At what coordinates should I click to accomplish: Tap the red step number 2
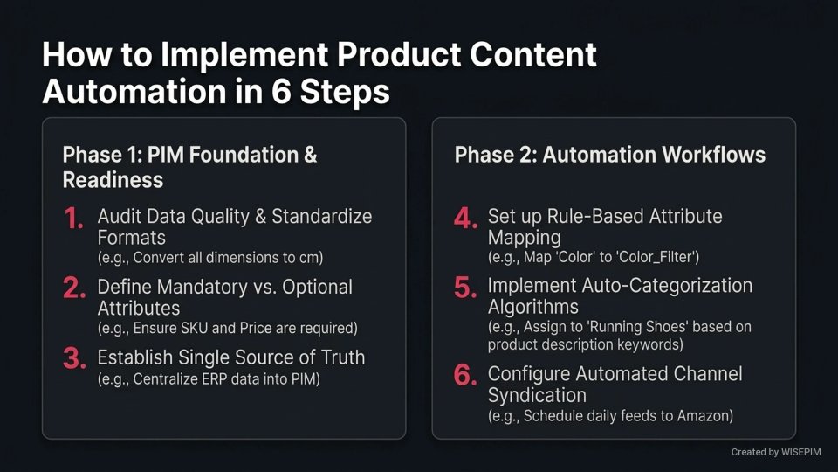pos(74,289)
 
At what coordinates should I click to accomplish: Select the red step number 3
pos(74,359)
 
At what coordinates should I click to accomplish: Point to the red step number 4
pos(465,219)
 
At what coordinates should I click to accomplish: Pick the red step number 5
pos(465,289)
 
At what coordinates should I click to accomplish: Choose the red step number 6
pos(465,377)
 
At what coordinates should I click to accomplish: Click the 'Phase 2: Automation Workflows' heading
pos(609,156)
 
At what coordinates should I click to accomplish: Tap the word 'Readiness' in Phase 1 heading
pos(113,180)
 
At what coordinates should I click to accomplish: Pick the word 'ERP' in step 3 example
pos(220,380)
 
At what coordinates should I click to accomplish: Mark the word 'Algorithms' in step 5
pos(532,308)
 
